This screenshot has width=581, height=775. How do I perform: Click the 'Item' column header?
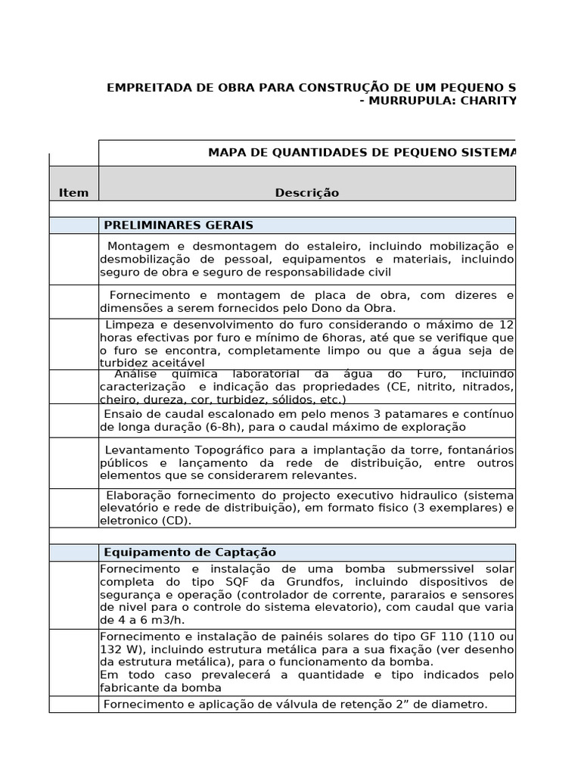click(x=73, y=192)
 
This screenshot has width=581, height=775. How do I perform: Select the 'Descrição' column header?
click(x=306, y=192)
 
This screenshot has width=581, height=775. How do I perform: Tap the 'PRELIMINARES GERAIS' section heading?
click(x=178, y=226)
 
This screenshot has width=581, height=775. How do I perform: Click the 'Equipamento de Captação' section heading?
click(x=189, y=552)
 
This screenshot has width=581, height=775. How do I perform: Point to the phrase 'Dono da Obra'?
click(x=359, y=308)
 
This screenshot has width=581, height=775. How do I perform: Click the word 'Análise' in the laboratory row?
click(x=136, y=374)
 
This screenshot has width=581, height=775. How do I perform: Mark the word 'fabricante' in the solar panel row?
click(x=127, y=687)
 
